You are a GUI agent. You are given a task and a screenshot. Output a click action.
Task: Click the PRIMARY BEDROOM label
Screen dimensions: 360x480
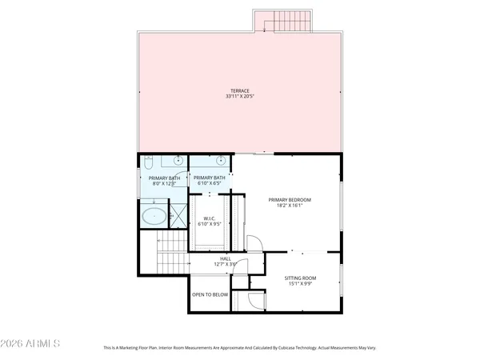tap(290, 199)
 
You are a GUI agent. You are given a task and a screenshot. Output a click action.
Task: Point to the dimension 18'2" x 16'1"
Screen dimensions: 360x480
tap(290, 206)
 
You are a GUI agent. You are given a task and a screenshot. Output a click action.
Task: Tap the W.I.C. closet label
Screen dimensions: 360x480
tap(210, 218)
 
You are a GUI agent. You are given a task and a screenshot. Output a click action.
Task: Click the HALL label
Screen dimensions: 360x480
tap(225, 258)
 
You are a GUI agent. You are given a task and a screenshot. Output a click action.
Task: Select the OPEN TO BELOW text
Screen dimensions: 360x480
tap(210, 294)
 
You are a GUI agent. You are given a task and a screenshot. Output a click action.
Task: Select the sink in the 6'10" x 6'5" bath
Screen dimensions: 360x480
tap(221, 161)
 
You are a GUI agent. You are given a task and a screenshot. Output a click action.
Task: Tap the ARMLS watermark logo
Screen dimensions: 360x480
tap(32, 343)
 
